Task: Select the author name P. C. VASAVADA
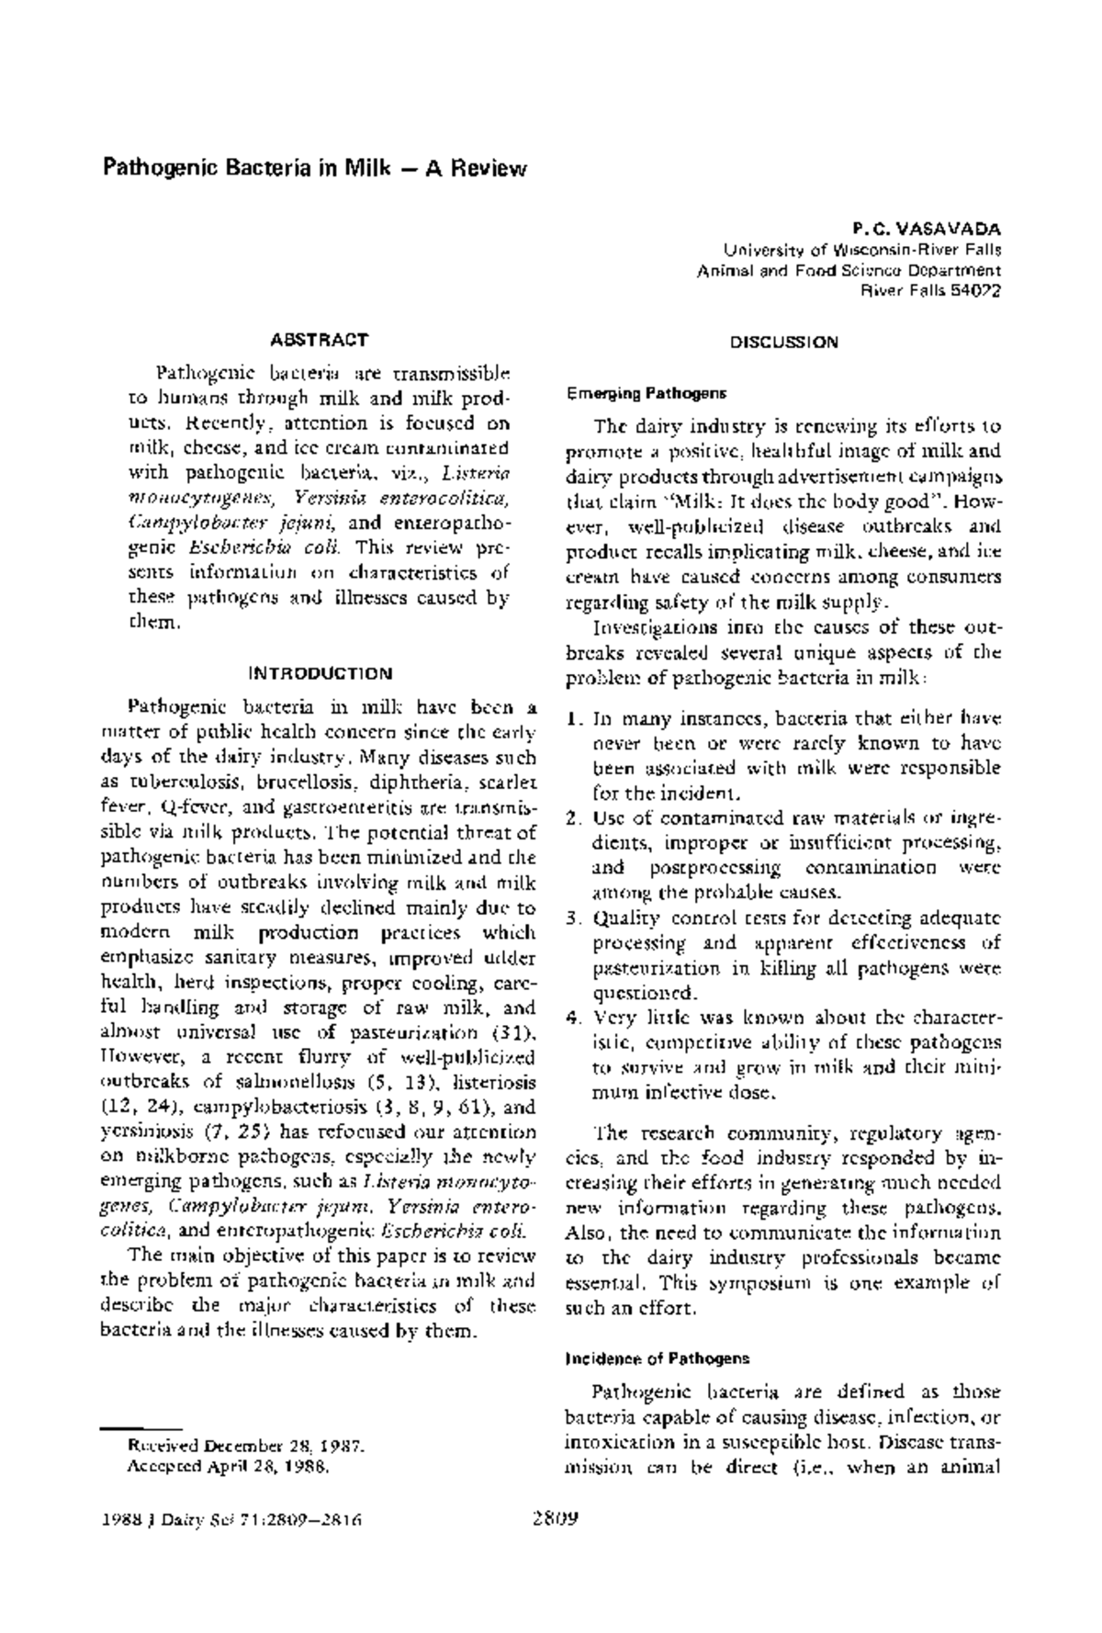tap(927, 229)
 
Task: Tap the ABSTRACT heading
tap(320, 339)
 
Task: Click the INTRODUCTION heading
tap(320, 673)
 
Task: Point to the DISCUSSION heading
tap(784, 343)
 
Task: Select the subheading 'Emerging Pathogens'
tap(646, 394)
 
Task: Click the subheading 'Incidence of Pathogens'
tap(658, 1357)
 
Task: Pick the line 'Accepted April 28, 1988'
tap(227, 1467)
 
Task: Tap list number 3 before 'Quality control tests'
tap(572, 918)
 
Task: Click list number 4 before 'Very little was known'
tap(572, 1019)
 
